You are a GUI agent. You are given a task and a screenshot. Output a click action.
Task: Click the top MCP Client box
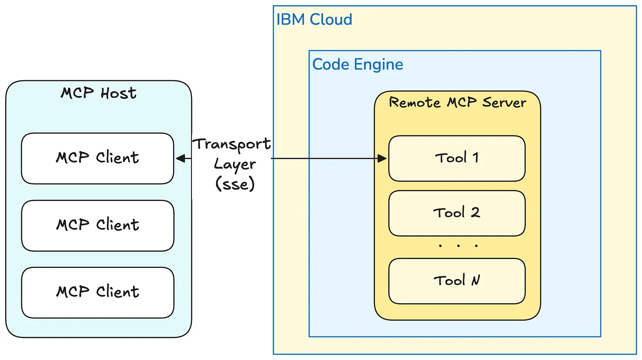(x=97, y=158)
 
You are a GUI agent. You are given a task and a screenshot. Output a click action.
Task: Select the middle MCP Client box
(x=97, y=225)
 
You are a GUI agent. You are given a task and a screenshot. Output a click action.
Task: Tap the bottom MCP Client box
(x=97, y=292)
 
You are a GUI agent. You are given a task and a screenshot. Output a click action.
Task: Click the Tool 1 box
(x=457, y=158)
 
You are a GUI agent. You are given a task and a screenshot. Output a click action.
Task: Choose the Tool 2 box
(x=457, y=213)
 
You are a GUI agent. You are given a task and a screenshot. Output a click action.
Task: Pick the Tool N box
(x=457, y=281)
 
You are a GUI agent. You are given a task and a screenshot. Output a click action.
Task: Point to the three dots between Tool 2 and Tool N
(x=458, y=246)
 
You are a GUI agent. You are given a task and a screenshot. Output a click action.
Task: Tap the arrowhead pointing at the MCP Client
(x=180, y=159)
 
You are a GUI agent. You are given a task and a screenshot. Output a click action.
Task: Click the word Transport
(x=233, y=144)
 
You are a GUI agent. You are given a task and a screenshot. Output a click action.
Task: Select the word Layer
(x=235, y=164)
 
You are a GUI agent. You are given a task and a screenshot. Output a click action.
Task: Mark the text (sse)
(x=235, y=184)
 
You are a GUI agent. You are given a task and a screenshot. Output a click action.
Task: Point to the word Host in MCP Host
(x=118, y=93)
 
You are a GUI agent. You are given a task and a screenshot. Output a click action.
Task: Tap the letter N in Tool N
(x=476, y=281)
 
